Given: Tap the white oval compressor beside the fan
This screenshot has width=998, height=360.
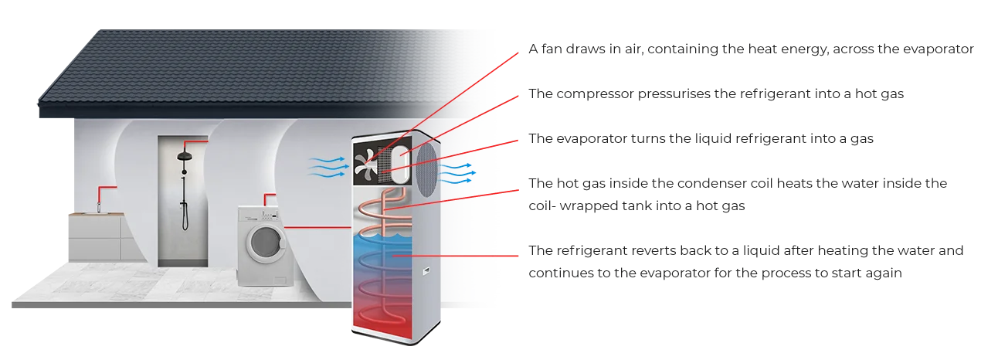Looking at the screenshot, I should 400,165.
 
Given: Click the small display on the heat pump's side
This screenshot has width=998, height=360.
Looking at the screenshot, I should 424,270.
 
